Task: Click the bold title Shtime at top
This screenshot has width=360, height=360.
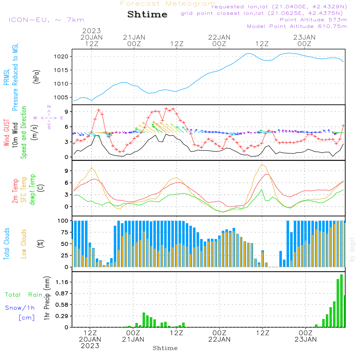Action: click(x=148, y=14)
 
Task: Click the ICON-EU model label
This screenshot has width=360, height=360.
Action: click(x=46, y=20)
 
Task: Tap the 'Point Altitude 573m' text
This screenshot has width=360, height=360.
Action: click(x=313, y=19)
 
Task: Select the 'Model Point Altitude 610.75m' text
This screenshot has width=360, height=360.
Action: click(x=297, y=26)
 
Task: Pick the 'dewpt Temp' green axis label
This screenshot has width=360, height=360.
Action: click(x=32, y=190)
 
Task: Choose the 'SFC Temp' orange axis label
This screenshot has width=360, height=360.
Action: click(x=24, y=190)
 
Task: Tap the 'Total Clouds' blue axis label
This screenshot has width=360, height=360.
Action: click(x=6, y=244)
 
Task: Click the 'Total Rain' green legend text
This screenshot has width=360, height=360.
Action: click(x=23, y=295)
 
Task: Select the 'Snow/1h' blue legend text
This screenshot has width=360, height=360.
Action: click(x=20, y=308)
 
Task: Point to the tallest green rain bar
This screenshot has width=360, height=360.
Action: click(x=341, y=301)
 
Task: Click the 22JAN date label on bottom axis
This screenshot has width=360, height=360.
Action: click(x=219, y=339)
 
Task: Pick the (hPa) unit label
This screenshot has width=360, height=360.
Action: click(x=36, y=76)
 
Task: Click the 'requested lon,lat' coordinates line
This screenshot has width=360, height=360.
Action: click(x=279, y=7)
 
